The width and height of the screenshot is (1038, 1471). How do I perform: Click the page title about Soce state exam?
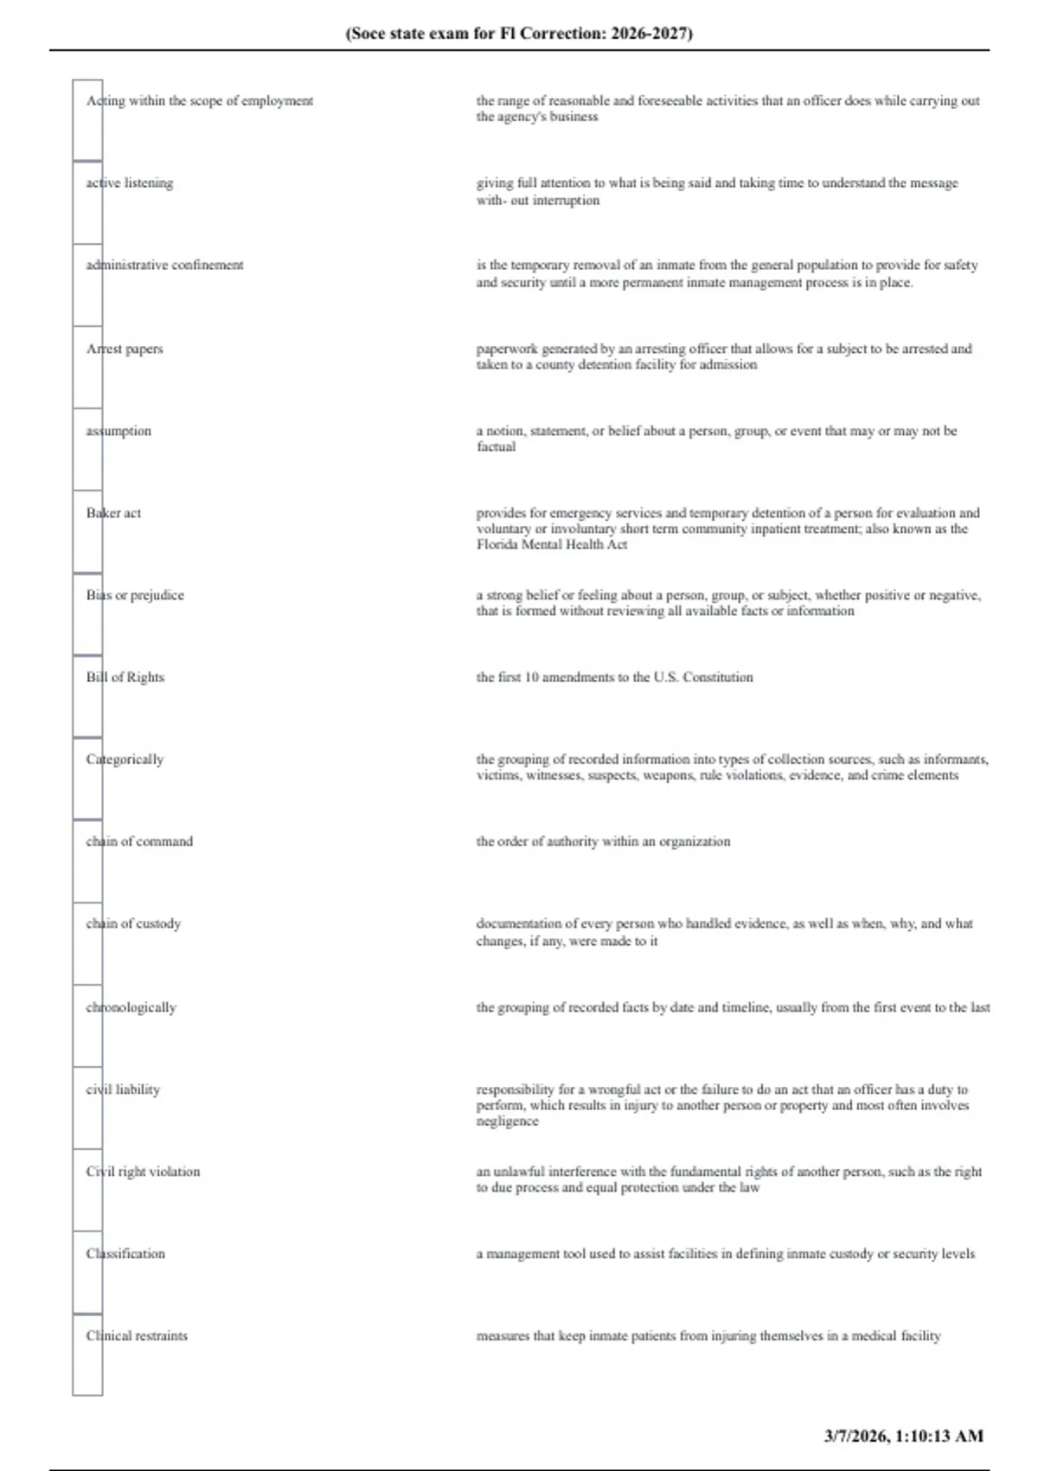coord(519,34)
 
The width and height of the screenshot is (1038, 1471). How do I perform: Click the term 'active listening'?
coord(130,183)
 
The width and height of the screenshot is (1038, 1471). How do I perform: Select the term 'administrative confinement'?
coord(164,266)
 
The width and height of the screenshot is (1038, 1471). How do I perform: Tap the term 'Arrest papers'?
coord(125,349)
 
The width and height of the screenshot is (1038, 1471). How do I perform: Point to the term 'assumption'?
coord(119,431)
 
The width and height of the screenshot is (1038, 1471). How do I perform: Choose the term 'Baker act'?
coord(113,513)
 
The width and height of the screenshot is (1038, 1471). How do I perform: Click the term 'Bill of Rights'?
coord(125,678)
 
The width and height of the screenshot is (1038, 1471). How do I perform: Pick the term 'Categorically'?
coord(125,760)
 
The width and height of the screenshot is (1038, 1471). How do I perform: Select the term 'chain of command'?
coord(139,842)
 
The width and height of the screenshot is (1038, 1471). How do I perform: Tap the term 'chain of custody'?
coord(133,924)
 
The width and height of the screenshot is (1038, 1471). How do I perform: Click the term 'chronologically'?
coord(131,1008)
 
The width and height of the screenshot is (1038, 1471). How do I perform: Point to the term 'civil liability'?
coord(123,1090)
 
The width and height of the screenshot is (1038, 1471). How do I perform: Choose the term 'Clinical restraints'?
coord(137,1336)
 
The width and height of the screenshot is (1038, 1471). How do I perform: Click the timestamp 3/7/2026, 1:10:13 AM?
coord(903,1436)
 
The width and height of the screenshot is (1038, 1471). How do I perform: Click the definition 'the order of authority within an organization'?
coord(603,842)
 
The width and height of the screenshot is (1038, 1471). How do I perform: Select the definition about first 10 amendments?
coord(614,678)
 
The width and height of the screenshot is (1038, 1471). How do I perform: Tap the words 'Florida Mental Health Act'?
coord(551,545)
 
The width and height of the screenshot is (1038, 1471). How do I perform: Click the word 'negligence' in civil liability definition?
coord(507,1121)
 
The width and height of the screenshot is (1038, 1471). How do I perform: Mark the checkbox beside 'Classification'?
coord(87,1272)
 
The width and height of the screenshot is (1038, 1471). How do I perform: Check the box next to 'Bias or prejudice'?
coord(87,613)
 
